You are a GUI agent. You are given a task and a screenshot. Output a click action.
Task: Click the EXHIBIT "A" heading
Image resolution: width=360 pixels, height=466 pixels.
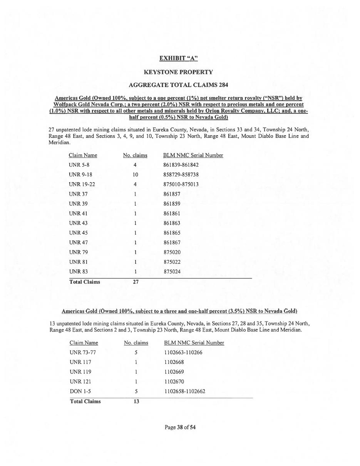coord(178,58)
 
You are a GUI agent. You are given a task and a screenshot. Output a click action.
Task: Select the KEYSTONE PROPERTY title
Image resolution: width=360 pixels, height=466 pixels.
coord(178,72)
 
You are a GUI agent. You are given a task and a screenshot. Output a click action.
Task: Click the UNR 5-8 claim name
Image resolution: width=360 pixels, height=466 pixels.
coord(80,165)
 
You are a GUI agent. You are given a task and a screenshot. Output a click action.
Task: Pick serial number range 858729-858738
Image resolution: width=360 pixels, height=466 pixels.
coord(181,174)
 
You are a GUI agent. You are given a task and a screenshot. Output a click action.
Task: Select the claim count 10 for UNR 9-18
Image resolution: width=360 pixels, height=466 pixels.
coord(135,174)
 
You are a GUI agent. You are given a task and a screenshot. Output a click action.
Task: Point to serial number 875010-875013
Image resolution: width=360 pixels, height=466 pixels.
coord(181,184)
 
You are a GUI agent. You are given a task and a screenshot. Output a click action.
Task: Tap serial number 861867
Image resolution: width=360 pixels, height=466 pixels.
coord(172,243)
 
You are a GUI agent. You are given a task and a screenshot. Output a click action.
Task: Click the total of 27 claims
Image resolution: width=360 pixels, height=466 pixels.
coord(136,282)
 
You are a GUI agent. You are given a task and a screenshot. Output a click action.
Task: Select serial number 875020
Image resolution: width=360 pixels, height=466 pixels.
coord(172,252)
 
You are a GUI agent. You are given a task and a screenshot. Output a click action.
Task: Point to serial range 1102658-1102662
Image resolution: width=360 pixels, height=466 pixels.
coord(184,391)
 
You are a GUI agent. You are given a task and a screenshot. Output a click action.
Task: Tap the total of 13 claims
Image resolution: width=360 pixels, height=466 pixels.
coord(136,401)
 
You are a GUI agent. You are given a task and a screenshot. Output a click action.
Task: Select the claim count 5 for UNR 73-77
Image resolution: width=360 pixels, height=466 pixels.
coord(136,352)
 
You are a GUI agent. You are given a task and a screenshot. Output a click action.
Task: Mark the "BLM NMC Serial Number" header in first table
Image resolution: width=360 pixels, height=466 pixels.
coord(193,155)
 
